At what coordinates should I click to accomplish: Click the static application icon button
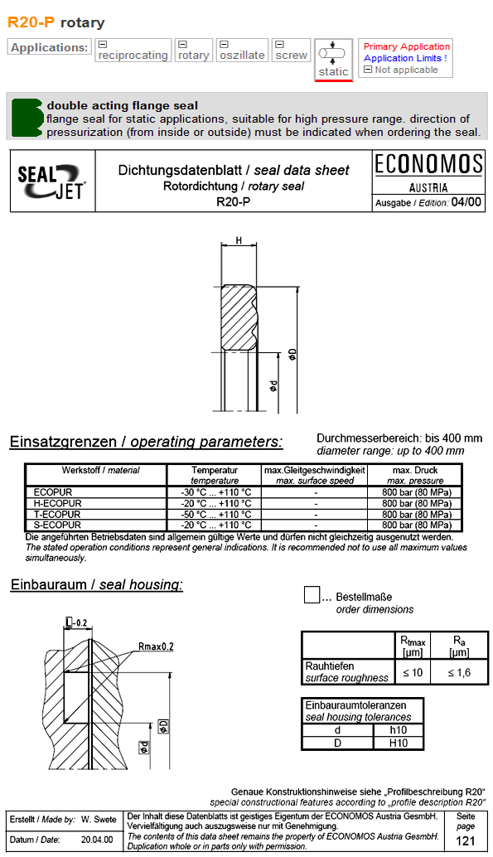click(x=334, y=59)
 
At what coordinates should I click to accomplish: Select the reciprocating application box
click(x=133, y=51)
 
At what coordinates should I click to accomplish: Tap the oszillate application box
click(x=242, y=51)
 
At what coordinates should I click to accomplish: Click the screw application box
click(x=291, y=51)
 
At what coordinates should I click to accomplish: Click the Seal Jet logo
click(x=51, y=182)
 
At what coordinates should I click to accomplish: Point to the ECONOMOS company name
click(x=428, y=163)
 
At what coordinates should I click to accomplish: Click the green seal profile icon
click(x=27, y=117)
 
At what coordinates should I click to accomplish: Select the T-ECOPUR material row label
click(x=57, y=515)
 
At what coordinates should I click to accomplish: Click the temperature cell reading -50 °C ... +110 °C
click(x=215, y=515)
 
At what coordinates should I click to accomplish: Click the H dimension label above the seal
click(x=239, y=241)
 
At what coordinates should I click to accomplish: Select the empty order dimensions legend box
click(x=312, y=595)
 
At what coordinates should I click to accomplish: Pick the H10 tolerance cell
click(x=399, y=743)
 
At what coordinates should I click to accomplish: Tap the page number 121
click(x=466, y=841)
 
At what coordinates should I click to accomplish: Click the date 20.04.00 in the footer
click(x=98, y=840)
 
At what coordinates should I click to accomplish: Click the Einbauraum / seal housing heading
click(x=96, y=585)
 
